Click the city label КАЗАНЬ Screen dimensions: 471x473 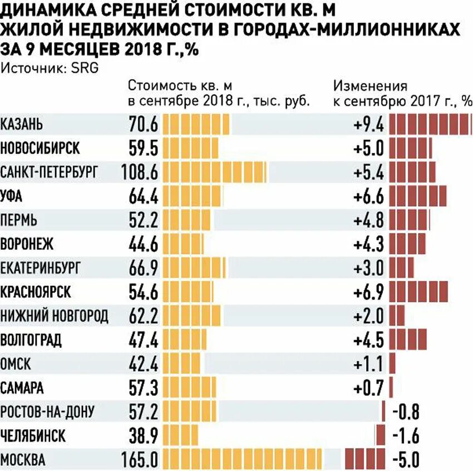point(22,124)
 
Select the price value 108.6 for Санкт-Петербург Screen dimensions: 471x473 point(140,173)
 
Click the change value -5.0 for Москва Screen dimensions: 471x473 point(406,460)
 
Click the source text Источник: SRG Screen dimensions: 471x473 point(42,68)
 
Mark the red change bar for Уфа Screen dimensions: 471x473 point(418,196)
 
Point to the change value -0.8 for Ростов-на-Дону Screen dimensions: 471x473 point(406,412)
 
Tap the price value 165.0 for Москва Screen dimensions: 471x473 point(140,460)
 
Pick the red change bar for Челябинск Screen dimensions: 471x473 point(380,436)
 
